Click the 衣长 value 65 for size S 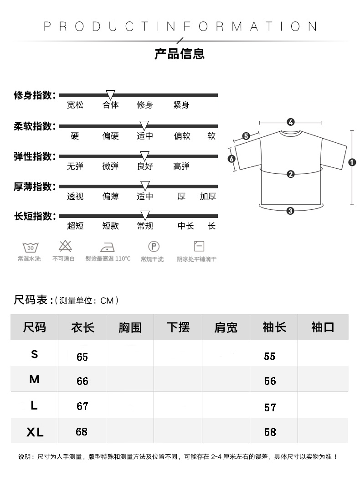[x=82, y=357]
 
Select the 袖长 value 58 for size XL [x=270, y=432]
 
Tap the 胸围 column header [x=130, y=327]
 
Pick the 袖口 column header [x=323, y=327]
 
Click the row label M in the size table [x=34, y=379]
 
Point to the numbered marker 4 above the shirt [x=291, y=122]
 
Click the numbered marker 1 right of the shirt [x=352, y=162]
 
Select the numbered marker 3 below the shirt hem [x=290, y=210]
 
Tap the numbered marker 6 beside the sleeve [x=231, y=159]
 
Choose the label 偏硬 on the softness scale [x=110, y=136]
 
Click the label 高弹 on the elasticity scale [x=181, y=166]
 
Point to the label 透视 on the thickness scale [x=75, y=197]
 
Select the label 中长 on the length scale [x=185, y=226]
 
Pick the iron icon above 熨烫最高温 [x=107, y=247]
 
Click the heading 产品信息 [x=180, y=54]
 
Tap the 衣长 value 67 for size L [x=82, y=406]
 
